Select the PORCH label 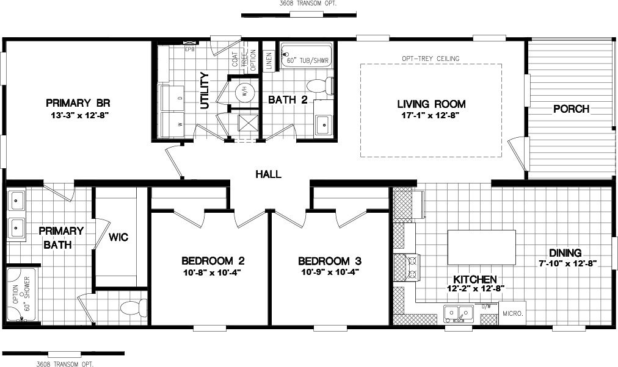pos(571,109)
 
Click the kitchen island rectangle pos(482,247)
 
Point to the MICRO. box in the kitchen pos(512,313)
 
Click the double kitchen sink pos(459,314)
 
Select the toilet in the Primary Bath pos(134,306)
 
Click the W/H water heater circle pos(244,93)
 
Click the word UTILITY pos(205,91)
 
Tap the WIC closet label pos(118,237)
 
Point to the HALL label pos(268,174)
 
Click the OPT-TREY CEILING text pos(431,59)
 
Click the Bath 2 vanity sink pos(322,126)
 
